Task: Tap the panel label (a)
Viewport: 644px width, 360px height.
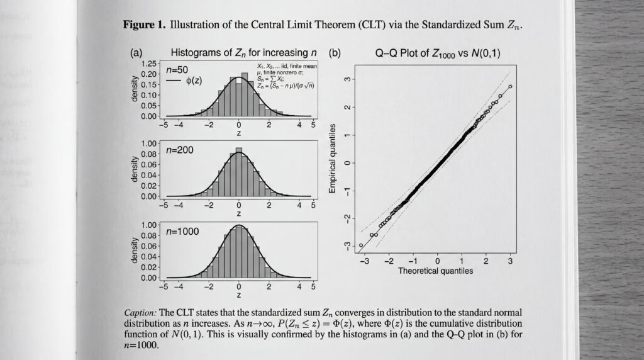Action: (x=136, y=53)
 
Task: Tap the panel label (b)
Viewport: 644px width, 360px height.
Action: (x=336, y=53)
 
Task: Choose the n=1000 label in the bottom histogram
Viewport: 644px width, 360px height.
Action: (x=182, y=232)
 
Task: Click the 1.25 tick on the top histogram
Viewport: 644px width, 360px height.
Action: (x=149, y=64)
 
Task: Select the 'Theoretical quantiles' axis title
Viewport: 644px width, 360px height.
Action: (x=435, y=271)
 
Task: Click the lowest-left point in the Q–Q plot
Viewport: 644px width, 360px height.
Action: (x=361, y=245)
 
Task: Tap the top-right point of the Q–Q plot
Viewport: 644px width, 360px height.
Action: (x=510, y=87)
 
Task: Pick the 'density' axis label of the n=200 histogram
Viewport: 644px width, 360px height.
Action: (x=135, y=169)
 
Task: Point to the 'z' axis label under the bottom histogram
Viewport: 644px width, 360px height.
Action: (x=239, y=295)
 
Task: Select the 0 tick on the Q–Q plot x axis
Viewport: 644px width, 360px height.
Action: (x=438, y=261)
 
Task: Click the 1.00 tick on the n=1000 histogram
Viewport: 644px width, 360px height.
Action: (x=149, y=225)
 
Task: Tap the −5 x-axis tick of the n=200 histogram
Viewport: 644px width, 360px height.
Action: (x=164, y=205)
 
